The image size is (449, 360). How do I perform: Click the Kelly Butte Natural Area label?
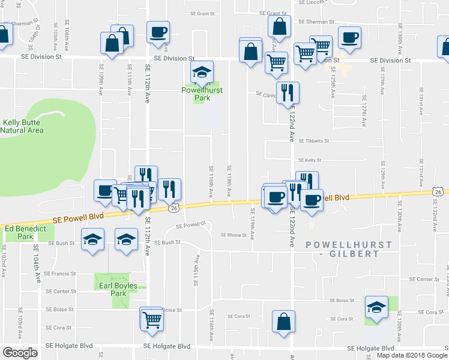(x=22, y=125)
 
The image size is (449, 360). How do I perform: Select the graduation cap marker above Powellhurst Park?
(x=202, y=73)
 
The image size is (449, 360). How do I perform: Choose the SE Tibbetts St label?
(x=313, y=142)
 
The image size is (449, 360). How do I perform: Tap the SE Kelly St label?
(x=310, y=160)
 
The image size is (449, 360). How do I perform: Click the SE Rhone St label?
(x=234, y=235)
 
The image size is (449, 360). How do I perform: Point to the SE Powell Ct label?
(x=190, y=226)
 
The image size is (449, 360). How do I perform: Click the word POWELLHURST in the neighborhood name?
(x=348, y=245)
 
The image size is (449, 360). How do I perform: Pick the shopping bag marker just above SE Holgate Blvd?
(x=283, y=321)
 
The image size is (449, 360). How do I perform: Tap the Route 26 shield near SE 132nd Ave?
(x=439, y=191)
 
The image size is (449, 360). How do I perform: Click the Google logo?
(x=20, y=353)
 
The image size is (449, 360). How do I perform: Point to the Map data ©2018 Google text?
(x=411, y=355)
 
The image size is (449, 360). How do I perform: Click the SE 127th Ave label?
(x=364, y=114)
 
